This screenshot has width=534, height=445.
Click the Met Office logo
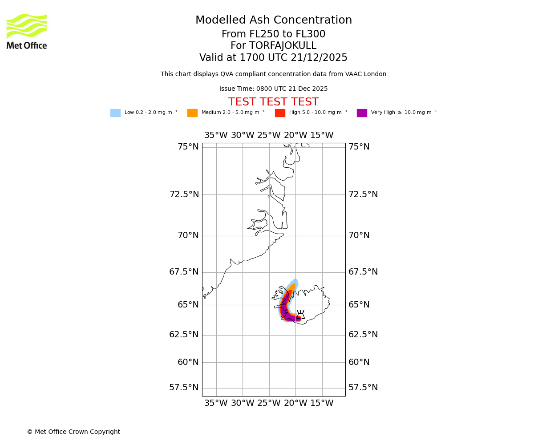[27, 31]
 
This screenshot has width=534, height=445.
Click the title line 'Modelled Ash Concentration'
[273, 20]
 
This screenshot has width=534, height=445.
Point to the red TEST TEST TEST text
[273, 102]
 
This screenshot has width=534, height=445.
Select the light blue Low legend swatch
[115, 113]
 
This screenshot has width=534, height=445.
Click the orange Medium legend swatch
[192, 113]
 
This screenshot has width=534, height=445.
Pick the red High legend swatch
[280, 113]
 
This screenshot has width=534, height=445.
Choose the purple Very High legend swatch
[362, 113]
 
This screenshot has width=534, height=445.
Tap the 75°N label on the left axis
[188, 147]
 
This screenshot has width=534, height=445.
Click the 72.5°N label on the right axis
[363, 194]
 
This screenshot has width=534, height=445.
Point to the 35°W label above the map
[216, 135]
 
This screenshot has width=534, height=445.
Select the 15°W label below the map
[322, 403]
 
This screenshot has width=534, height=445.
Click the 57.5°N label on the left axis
[184, 388]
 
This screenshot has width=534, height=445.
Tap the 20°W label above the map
[295, 135]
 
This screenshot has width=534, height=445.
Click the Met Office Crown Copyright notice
[73, 432]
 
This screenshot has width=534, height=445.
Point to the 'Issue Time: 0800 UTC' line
[273, 89]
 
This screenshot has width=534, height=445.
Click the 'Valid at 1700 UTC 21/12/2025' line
[273, 58]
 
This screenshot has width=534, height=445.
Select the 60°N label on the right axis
[359, 362]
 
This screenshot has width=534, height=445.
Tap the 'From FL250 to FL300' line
[273, 34]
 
